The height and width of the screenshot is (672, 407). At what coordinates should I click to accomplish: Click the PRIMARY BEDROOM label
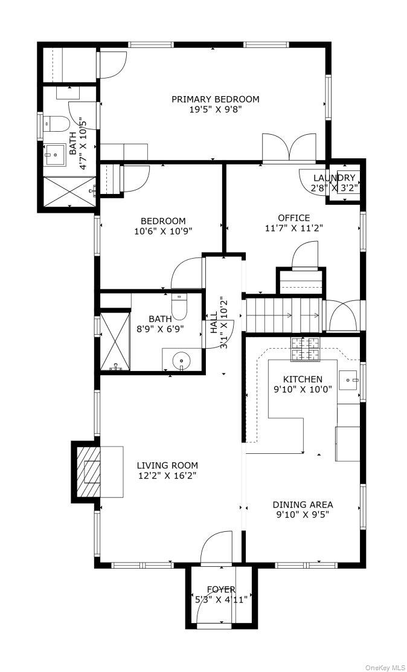pyautogui.click(x=216, y=100)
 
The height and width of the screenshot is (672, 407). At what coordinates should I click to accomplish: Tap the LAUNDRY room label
pyautogui.click(x=334, y=178)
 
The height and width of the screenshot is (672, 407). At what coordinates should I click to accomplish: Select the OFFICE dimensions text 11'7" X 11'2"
pyautogui.click(x=293, y=228)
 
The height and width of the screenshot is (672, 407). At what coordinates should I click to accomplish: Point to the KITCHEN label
pyautogui.click(x=303, y=380)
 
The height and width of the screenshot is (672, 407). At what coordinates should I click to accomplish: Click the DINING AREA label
pyautogui.click(x=303, y=505)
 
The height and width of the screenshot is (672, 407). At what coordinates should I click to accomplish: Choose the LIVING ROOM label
pyautogui.click(x=167, y=465)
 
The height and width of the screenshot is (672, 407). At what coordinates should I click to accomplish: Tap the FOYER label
pyautogui.click(x=221, y=590)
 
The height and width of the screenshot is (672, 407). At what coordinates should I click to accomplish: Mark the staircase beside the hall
pyautogui.click(x=283, y=315)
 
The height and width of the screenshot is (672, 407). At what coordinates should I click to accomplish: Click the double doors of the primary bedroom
pyautogui.click(x=290, y=148)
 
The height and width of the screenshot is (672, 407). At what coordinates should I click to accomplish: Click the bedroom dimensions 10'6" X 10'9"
pyautogui.click(x=164, y=231)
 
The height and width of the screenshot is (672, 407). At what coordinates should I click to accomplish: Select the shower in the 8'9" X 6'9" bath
pyautogui.click(x=115, y=341)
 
